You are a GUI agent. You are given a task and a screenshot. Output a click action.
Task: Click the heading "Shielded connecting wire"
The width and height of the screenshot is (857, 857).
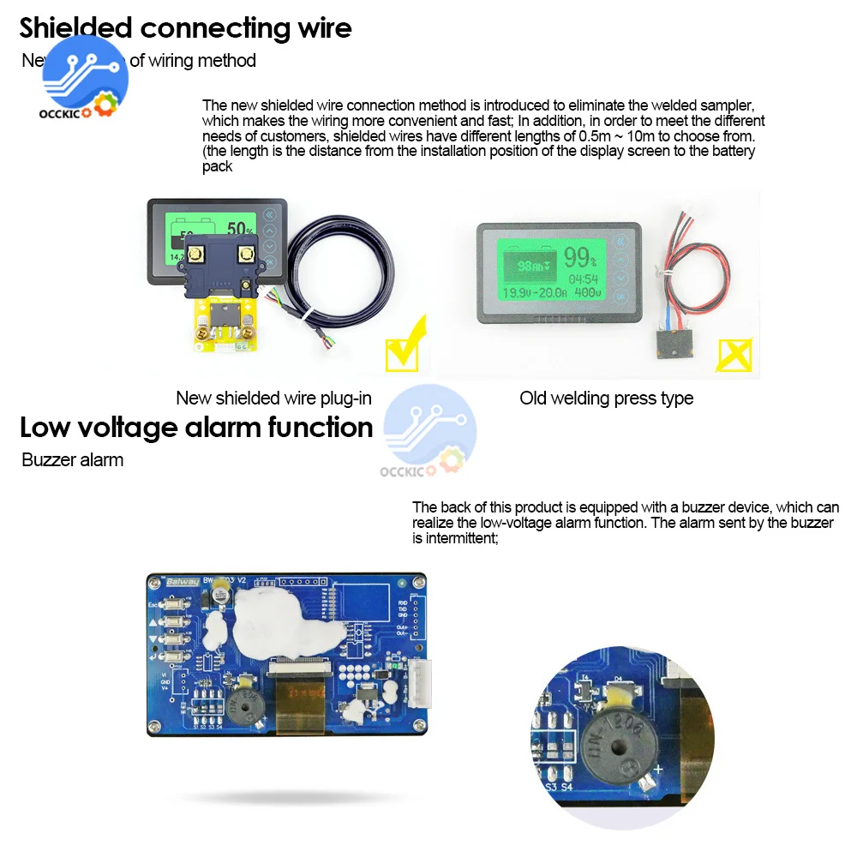pyautogui.click(x=185, y=27)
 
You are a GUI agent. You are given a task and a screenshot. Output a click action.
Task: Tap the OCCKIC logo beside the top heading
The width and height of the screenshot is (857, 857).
pyautogui.click(x=85, y=80)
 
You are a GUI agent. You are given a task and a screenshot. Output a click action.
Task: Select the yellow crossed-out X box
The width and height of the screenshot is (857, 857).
pyautogui.click(x=734, y=352)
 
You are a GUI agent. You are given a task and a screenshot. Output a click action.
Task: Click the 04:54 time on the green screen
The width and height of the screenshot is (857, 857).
pyautogui.click(x=583, y=279)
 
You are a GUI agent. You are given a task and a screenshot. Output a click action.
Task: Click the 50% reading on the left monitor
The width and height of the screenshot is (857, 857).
pyautogui.click(x=239, y=230)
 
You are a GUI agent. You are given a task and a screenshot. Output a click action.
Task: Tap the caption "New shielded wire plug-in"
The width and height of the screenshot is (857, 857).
pyautogui.click(x=273, y=398)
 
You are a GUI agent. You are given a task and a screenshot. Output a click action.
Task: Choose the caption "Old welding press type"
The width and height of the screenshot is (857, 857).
pyautogui.click(x=606, y=398)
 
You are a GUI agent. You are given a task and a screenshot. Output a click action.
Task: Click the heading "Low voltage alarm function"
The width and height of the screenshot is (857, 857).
pyautogui.click(x=196, y=427)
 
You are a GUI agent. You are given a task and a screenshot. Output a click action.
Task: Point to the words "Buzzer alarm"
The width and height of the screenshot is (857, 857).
pyautogui.click(x=72, y=460)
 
